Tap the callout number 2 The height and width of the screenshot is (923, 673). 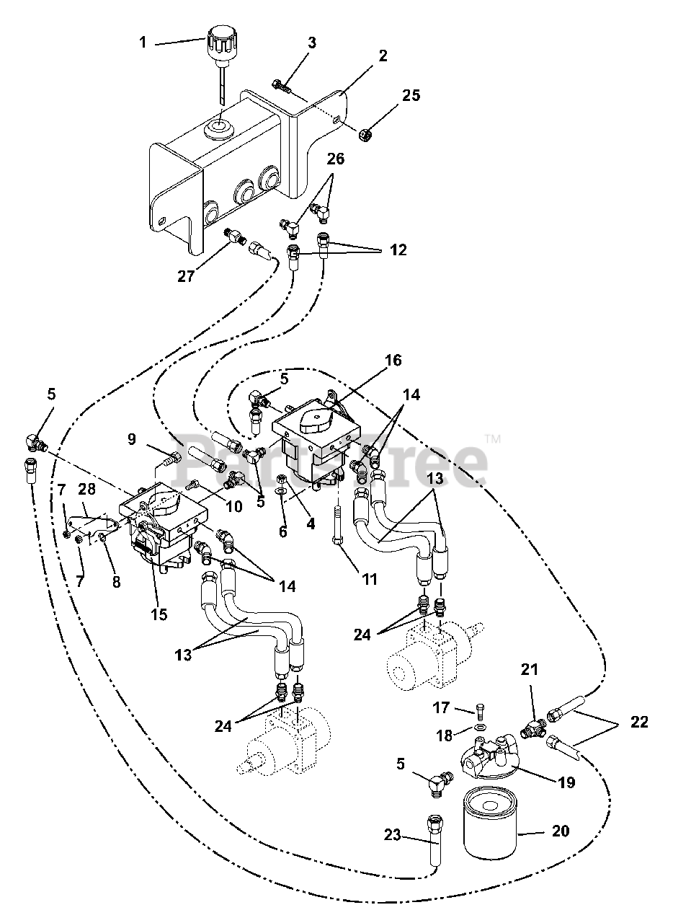click(x=383, y=56)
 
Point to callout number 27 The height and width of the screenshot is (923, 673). click(x=186, y=276)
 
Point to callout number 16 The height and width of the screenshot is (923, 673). click(x=393, y=360)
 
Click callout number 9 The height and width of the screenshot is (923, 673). click(x=132, y=439)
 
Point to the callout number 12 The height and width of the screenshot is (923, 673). click(x=398, y=249)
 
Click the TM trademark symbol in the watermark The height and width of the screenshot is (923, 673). click(x=493, y=439)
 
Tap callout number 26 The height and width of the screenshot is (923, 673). click(x=336, y=159)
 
